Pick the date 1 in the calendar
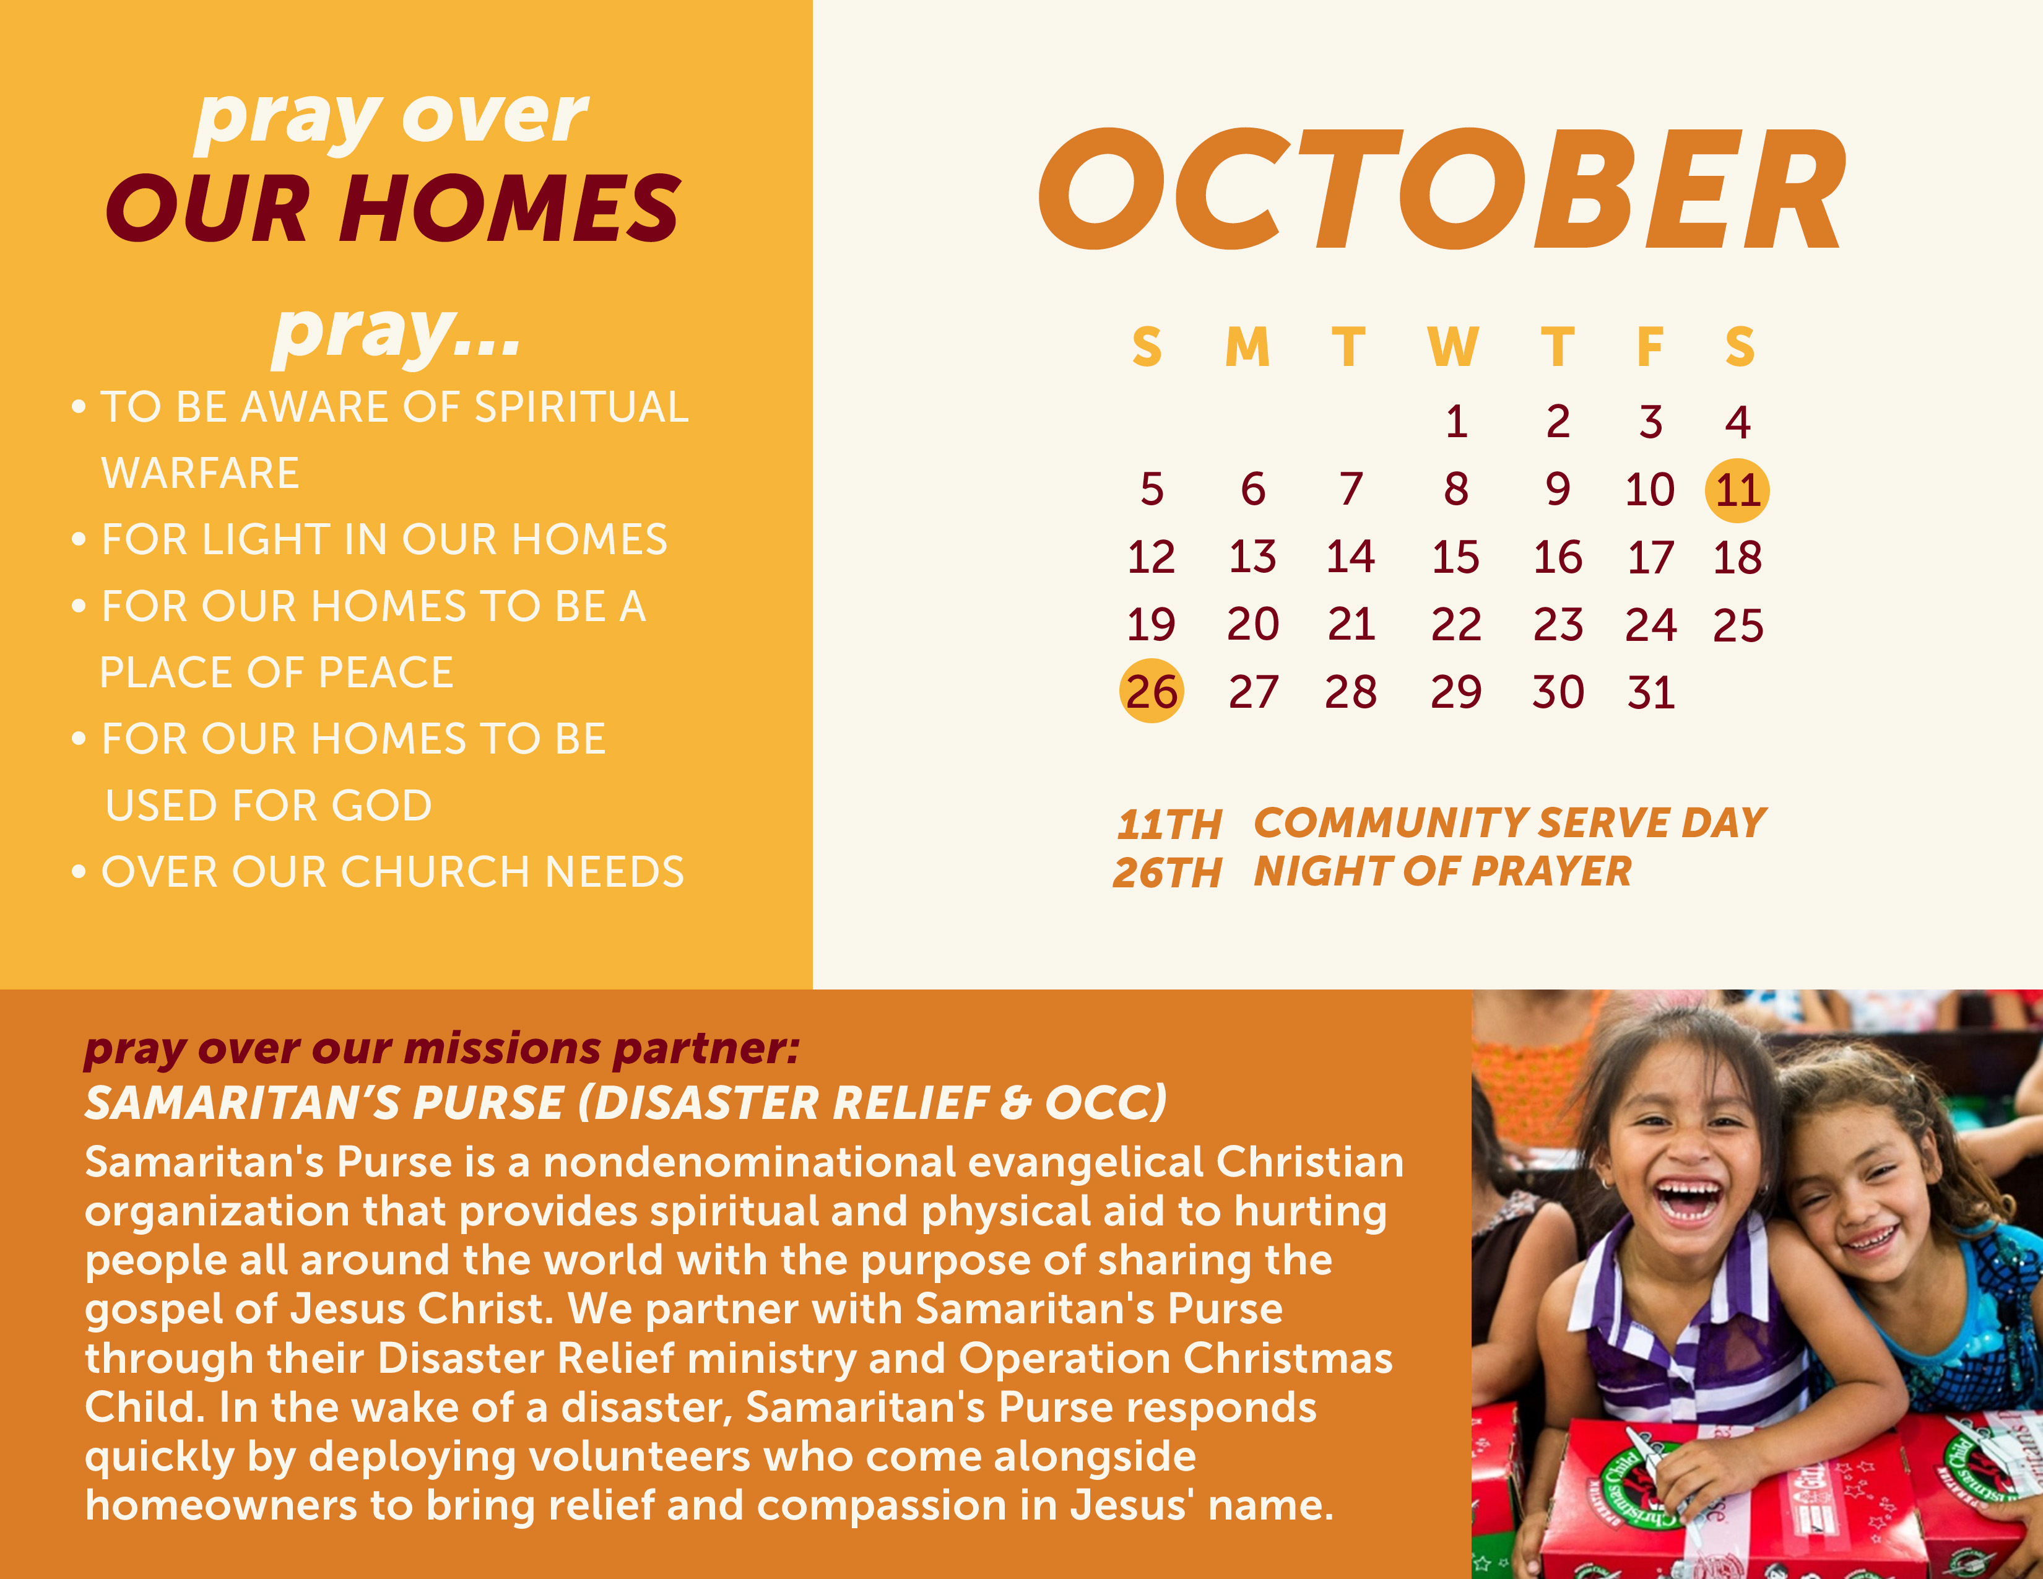pos(1455,422)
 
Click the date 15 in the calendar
pos(1455,557)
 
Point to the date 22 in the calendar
pos(1455,625)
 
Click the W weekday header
pos(1453,347)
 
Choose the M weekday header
pos(1248,347)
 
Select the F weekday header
pos(1650,347)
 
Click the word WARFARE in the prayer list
pos(200,473)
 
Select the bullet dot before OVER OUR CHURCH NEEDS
pos(79,872)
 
